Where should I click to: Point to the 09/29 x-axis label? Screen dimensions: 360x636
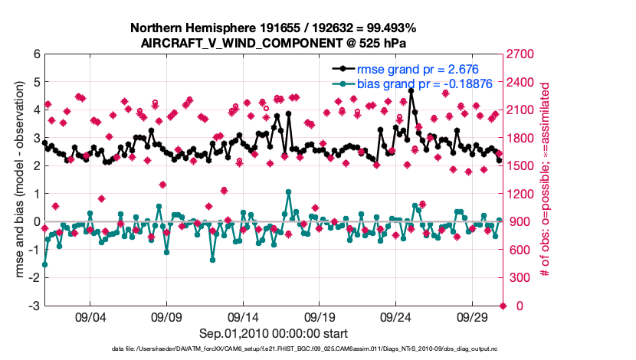click(x=472, y=317)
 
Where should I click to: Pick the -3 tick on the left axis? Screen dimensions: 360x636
click(x=34, y=306)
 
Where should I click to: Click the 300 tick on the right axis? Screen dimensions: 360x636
click(x=519, y=278)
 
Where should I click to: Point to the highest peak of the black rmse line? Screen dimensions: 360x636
click(x=411, y=90)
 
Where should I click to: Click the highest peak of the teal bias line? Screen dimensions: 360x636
click(x=288, y=191)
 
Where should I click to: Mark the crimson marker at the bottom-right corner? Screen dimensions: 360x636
click(x=503, y=306)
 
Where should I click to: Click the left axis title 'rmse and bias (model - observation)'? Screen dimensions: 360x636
click(x=17, y=180)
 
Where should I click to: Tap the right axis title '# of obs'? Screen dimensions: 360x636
click(x=546, y=180)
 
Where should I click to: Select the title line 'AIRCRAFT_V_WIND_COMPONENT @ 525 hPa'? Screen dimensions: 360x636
click(x=273, y=43)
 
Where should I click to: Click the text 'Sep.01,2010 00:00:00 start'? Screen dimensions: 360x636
click(x=274, y=333)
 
